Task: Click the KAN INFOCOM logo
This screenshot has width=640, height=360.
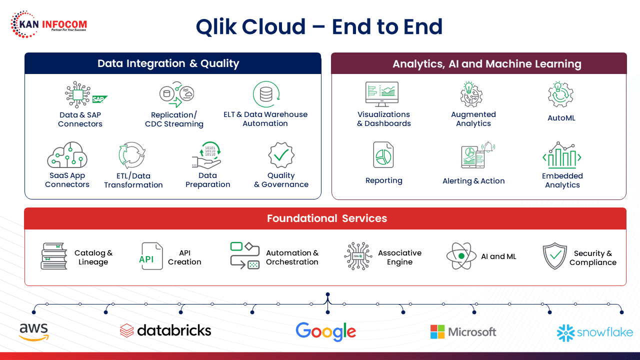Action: click(x=48, y=24)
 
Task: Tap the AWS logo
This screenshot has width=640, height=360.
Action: click(x=34, y=331)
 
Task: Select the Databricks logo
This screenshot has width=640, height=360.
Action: click(x=165, y=330)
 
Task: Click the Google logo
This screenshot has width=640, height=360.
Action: click(x=325, y=331)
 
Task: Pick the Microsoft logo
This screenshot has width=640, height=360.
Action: click(x=463, y=331)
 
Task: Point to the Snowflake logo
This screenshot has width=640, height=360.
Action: click(x=594, y=332)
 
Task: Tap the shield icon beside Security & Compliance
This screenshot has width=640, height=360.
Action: click(x=554, y=256)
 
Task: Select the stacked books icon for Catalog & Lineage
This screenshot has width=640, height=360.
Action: click(x=54, y=256)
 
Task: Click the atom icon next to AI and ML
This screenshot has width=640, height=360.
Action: click(x=461, y=256)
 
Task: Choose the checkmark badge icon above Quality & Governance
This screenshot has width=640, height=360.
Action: click(x=281, y=155)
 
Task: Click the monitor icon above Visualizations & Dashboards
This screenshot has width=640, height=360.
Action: click(x=382, y=94)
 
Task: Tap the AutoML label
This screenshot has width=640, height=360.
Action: click(x=561, y=118)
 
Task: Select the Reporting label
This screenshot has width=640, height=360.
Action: click(x=383, y=180)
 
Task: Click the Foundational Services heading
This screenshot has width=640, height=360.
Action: click(x=326, y=218)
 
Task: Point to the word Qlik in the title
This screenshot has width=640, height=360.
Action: click(x=216, y=26)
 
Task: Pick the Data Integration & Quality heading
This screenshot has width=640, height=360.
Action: click(x=168, y=63)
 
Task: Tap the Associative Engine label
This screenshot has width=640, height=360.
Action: click(x=399, y=257)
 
